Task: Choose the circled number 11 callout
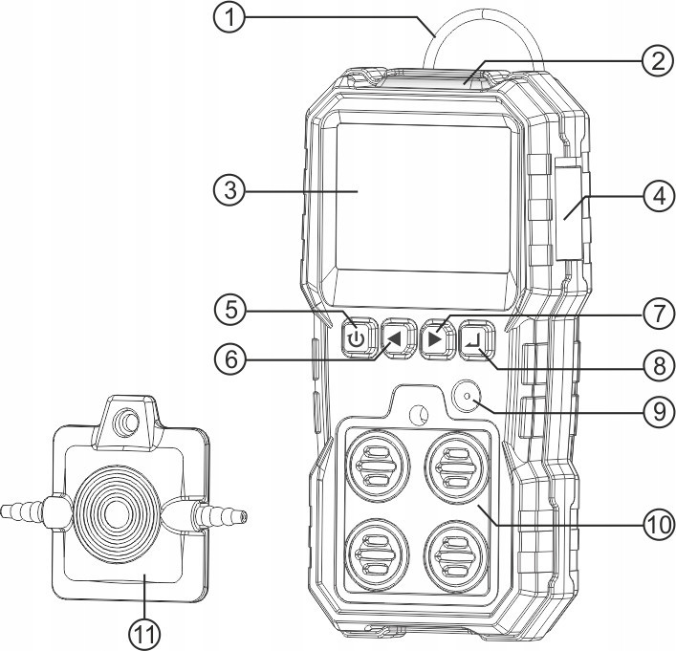click(x=145, y=631)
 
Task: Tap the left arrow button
click(x=394, y=338)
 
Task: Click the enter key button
click(x=475, y=338)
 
